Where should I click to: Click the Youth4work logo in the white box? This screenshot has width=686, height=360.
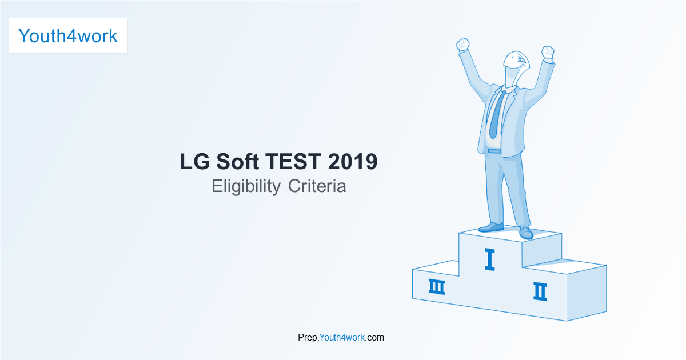[x=68, y=36]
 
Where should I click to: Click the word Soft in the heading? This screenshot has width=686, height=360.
[x=237, y=161]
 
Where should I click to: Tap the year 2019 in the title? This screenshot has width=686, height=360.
[x=353, y=161]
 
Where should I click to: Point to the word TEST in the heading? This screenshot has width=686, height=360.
[x=293, y=161]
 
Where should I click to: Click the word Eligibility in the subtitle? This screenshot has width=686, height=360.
[x=246, y=186]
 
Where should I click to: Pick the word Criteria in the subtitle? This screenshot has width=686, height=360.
[x=317, y=186]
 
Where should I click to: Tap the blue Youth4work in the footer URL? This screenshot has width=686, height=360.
[x=342, y=337]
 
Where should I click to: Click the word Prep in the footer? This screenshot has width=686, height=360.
[x=308, y=338]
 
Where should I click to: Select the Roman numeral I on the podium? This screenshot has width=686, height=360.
[x=490, y=259]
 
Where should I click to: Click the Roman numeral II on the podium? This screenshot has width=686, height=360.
[x=540, y=291]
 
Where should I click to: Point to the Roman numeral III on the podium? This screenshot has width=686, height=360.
[x=437, y=287]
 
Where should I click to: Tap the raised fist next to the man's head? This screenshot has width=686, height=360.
[x=548, y=53]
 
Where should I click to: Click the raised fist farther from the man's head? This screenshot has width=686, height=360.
[x=462, y=45]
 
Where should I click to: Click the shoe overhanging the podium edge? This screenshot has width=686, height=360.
[x=526, y=233]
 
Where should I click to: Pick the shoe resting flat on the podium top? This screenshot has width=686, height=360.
[x=491, y=227]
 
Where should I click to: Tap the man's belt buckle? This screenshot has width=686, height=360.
[x=494, y=151]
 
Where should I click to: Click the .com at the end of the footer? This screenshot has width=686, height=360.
[x=374, y=337]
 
